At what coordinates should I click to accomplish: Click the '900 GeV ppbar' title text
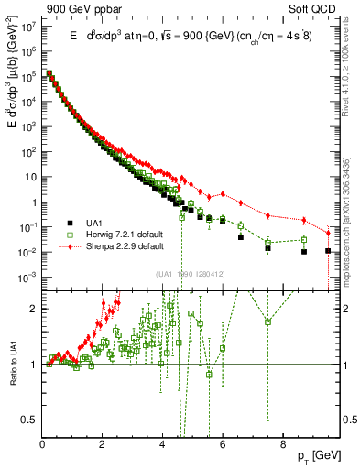click(x=85, y=7)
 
